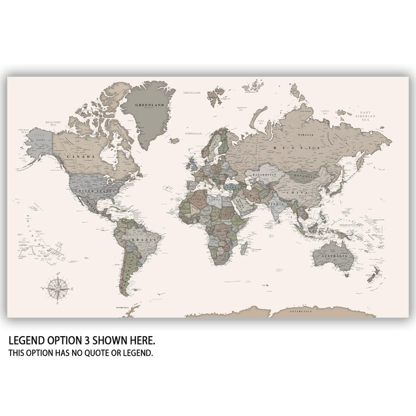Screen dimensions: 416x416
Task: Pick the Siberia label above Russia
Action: click(x=307, y=135)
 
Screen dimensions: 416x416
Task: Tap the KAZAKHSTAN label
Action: click(x=265, y=175)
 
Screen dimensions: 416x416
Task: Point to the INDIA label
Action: click(x=276, y=204)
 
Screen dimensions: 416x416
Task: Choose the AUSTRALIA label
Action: click(x=335, y=257)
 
